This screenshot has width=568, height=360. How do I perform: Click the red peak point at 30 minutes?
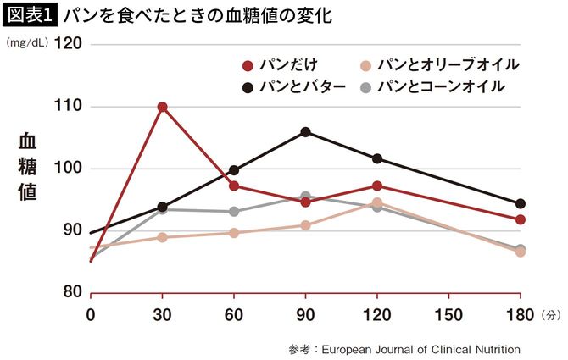point(162,107)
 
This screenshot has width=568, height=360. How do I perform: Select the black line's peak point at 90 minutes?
point(305,131)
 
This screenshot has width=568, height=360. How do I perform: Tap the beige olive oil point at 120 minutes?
point(377,202)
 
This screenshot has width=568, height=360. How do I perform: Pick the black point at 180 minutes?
point(521,203)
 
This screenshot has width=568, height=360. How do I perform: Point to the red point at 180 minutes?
point(521,219)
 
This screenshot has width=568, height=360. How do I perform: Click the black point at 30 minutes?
point(162,207)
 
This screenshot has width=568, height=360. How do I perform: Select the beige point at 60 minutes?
point(234,233)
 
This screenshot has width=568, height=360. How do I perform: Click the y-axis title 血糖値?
point(27,167)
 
